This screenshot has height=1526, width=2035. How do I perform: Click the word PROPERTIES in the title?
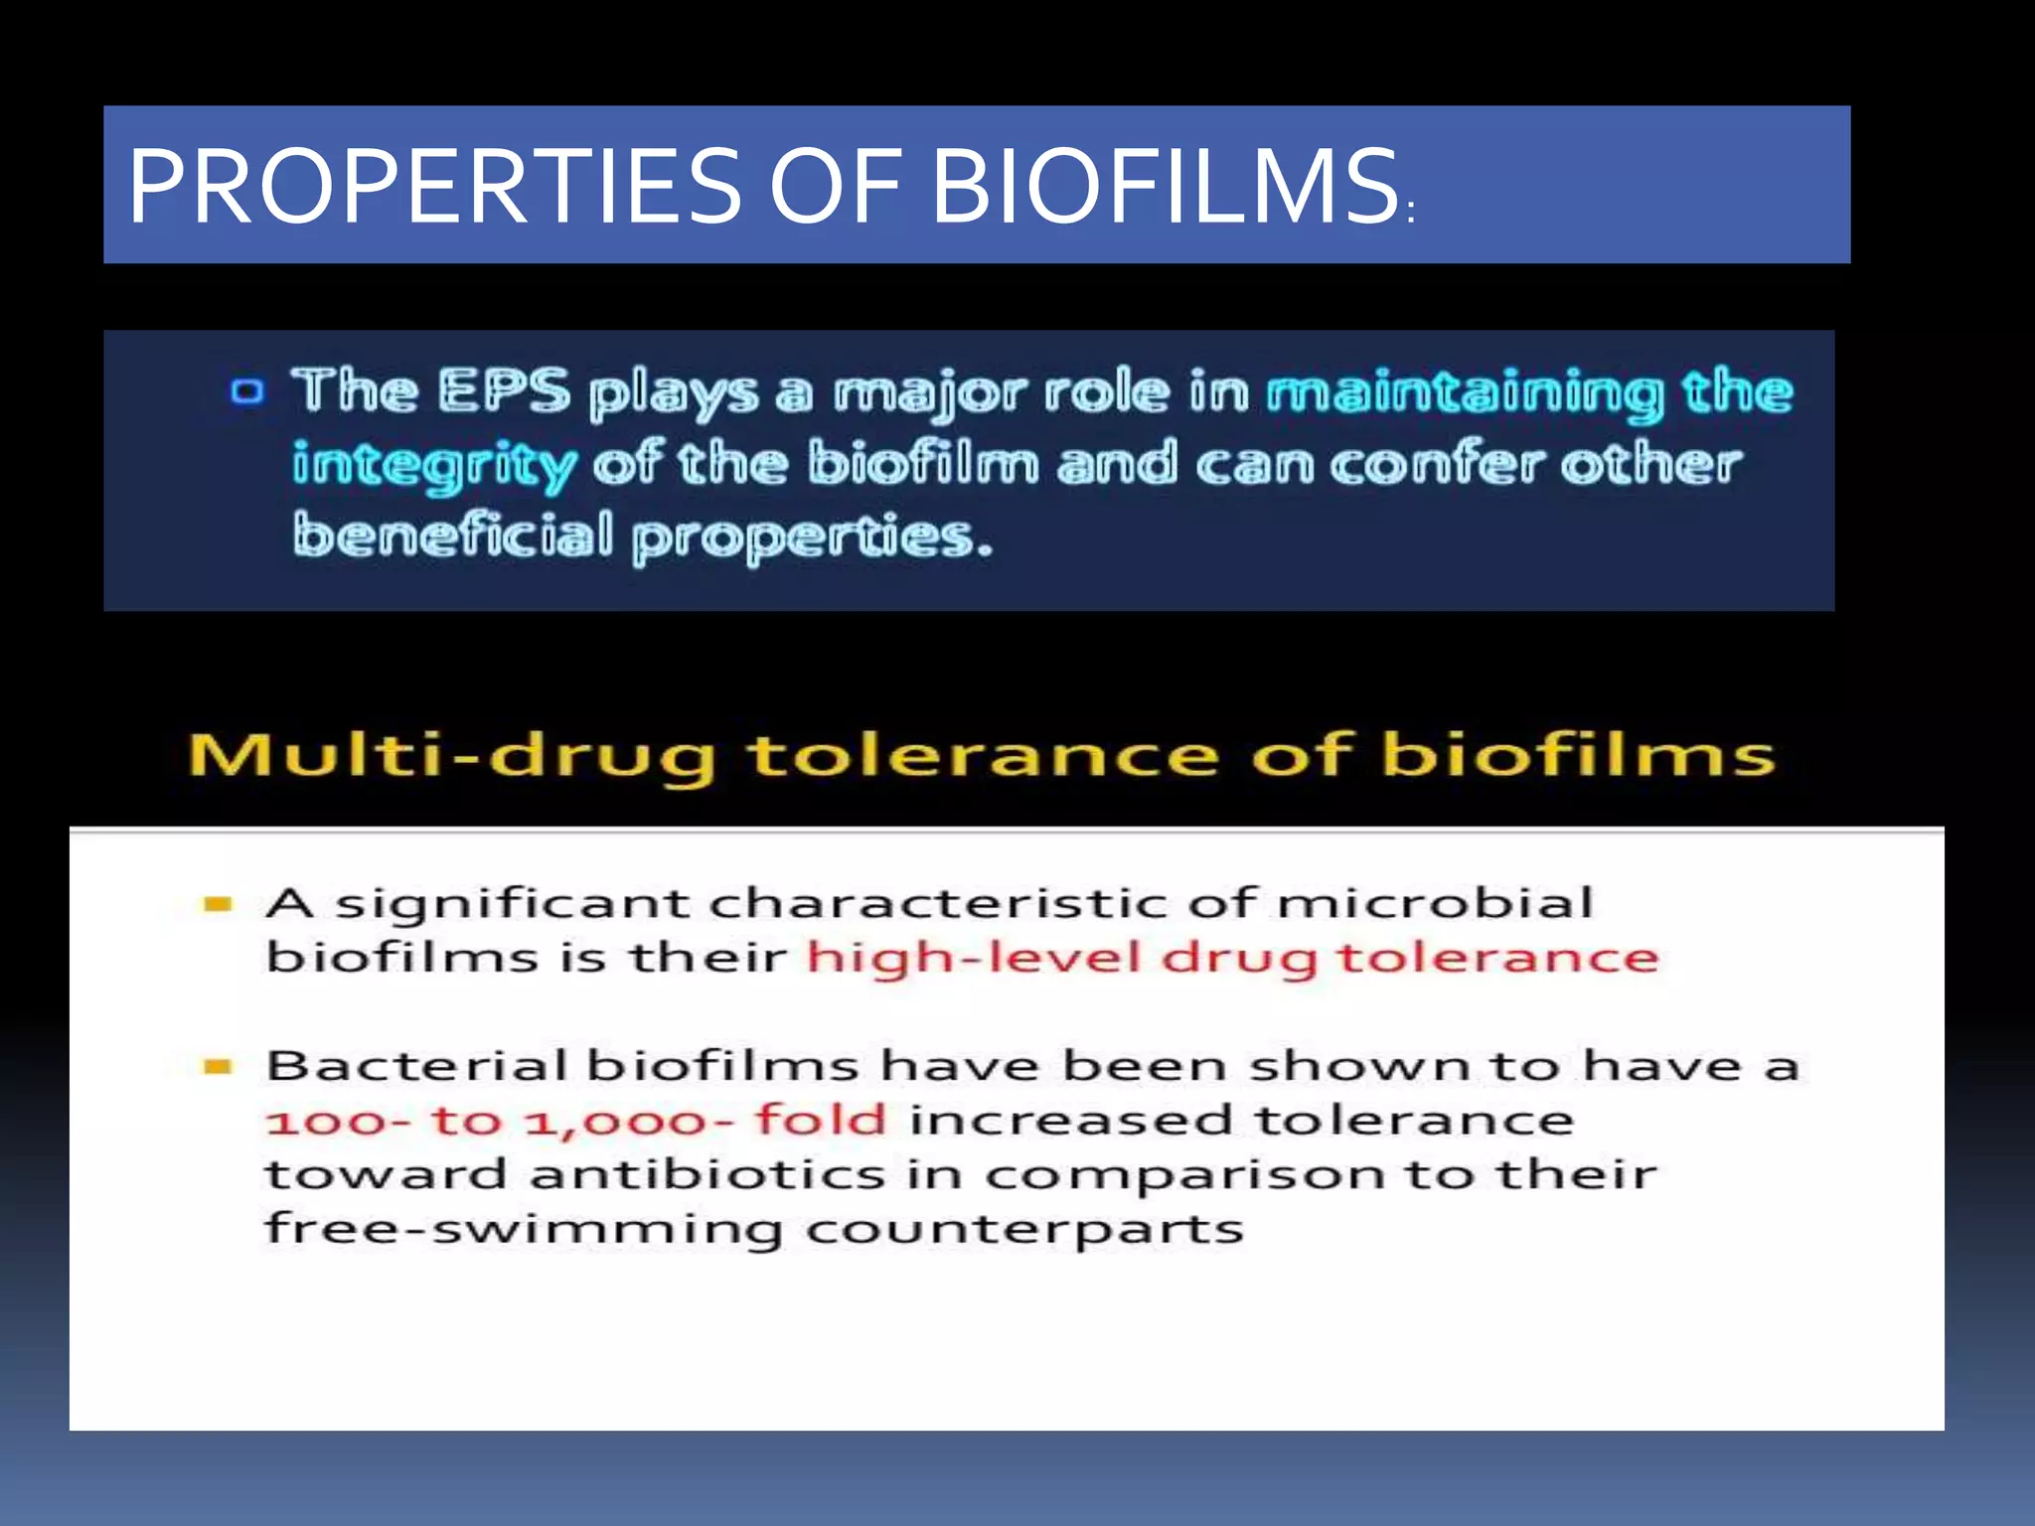(x=434, y=186)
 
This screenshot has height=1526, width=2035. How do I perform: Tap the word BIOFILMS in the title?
(x=1165, y=186)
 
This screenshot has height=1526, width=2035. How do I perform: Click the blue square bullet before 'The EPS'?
(x=247, y=390)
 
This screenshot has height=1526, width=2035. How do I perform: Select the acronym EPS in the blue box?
(x=505, y=390)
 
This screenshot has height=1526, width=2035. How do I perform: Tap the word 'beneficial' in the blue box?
(x=453, y=535)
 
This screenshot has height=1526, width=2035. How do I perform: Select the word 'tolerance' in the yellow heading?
(x=983, y=755)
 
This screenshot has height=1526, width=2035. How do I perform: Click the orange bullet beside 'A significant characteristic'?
(x=218, y=904)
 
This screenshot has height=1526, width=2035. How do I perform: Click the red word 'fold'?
(x=820, y=1121)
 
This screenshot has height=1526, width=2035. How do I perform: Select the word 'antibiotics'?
(x=706, y=1175)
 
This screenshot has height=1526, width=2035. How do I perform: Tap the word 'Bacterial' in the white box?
(x=416, y=1067)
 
